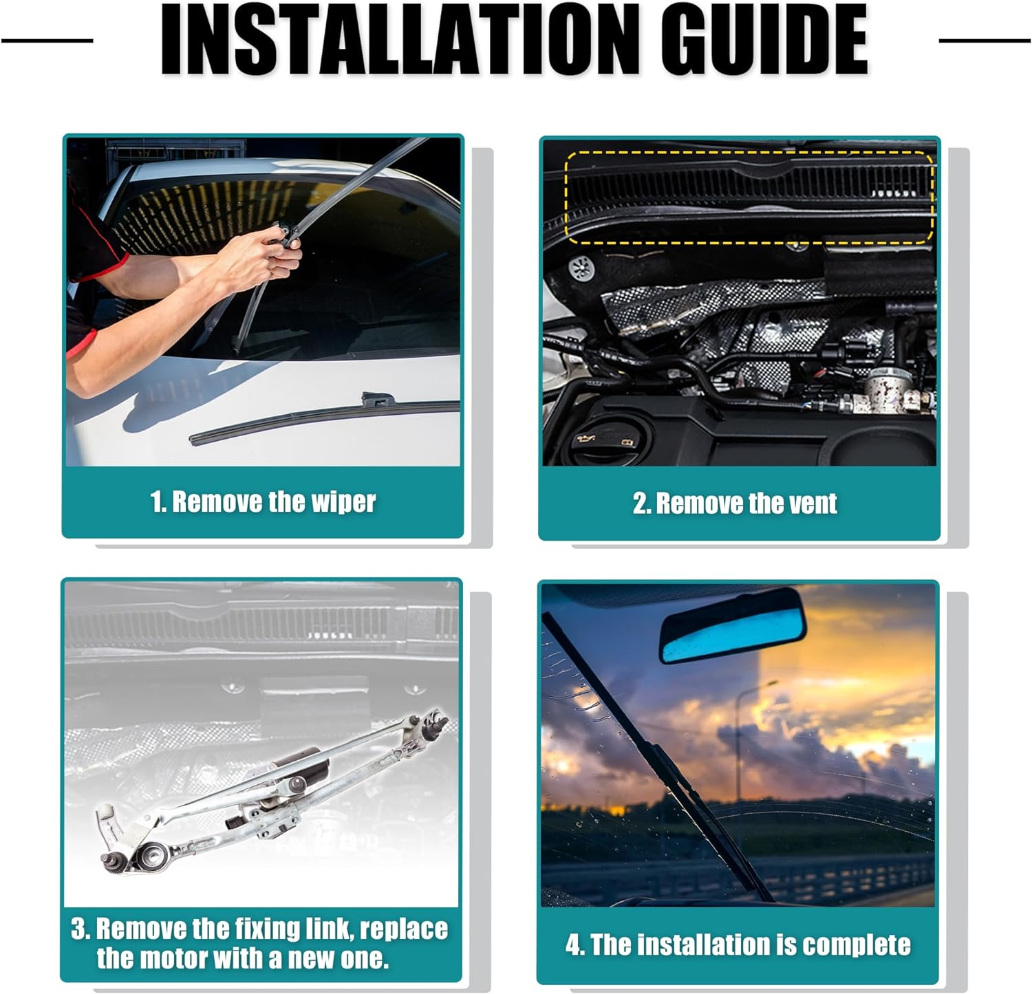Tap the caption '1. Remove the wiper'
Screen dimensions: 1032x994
[263, 501]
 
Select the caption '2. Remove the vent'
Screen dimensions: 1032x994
[735, 503]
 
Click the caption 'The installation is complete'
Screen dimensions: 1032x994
[751, 944]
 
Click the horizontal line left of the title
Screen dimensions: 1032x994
[47, 41]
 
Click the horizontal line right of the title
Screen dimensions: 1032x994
[985, 41]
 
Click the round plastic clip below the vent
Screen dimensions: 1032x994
[582, 268]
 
